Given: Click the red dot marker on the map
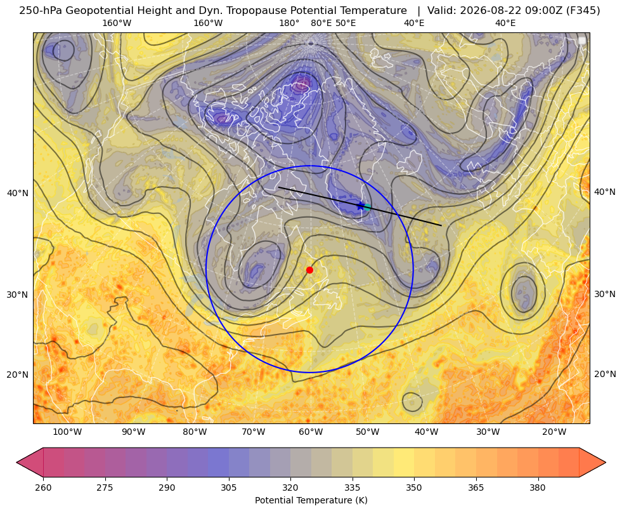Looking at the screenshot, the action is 309,270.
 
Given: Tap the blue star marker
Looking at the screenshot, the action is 360,206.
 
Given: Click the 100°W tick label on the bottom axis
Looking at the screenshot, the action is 67,432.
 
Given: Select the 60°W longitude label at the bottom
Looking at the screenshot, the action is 311,432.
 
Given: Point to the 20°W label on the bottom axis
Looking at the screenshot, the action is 554,432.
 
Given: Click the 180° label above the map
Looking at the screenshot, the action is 289,23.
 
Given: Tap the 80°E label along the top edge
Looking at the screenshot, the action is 321,23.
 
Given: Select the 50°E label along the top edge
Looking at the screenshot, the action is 346,23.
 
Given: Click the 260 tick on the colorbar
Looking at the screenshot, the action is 43,488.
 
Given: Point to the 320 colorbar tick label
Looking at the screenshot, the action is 290,488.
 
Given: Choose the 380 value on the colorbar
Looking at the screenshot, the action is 538,488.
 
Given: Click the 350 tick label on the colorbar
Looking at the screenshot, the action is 414,488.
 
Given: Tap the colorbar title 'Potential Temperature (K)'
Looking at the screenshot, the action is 311,500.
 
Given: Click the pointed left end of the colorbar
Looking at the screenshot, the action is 17,462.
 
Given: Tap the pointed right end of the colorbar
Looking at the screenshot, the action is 606,462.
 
